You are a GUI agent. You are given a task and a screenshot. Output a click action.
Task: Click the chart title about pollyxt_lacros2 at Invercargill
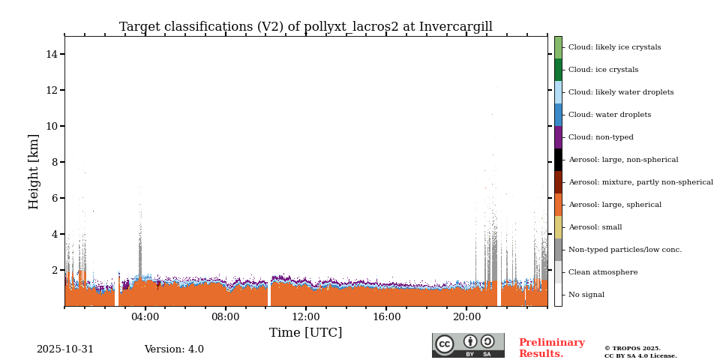click(x=305, y=27)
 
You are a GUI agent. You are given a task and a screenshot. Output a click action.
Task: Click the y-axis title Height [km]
click(x=34, y=171)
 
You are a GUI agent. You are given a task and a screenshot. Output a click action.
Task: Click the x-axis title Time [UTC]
click(x=305, y=333)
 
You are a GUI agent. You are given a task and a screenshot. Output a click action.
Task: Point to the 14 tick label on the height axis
click(x=52, y=54)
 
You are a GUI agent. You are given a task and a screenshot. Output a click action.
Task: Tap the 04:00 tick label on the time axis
click(x=145, y=317)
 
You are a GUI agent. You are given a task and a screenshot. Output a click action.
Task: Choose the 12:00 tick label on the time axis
click(x=306, y=317)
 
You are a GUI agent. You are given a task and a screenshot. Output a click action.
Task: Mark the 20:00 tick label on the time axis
click(x=466, y=317)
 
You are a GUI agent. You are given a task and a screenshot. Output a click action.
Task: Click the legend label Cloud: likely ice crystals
click(x=614, y=47)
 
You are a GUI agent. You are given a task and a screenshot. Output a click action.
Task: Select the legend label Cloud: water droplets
click(x=609, y=115)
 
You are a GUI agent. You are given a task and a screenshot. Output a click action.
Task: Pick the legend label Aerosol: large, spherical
click(x=614, y=205)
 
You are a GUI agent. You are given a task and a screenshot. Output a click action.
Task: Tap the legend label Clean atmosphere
click(x=603, y=272)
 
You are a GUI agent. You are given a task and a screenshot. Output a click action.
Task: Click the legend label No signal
click(x=586, y=295)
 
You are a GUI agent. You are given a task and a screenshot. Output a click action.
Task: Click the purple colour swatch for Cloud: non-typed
click(x=558, y=137)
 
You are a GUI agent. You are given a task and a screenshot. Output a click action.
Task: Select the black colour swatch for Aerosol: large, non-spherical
click(x=558, y=160)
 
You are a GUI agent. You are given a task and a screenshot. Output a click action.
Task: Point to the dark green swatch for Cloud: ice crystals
click(x=558, y=70)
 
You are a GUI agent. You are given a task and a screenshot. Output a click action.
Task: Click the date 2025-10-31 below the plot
click(x=65, y=349)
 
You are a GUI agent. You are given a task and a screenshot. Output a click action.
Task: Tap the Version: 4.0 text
click(x=174, y=349)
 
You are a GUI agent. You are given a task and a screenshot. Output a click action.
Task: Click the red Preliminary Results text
click(x=551, y=348)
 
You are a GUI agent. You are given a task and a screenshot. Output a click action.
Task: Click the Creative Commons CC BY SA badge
click(x=468, y=345)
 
